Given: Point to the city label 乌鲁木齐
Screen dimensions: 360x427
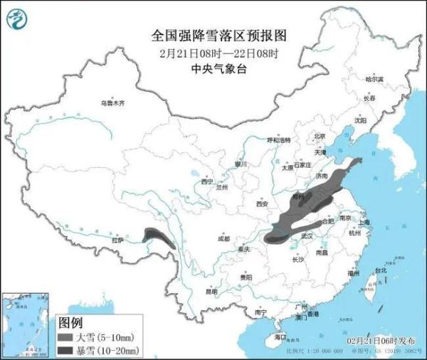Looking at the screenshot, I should click(x=112, y=103).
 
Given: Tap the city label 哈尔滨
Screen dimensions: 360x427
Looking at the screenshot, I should click(x=374, y=78).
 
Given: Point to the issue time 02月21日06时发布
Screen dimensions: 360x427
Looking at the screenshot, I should click(x=384, y=342).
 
